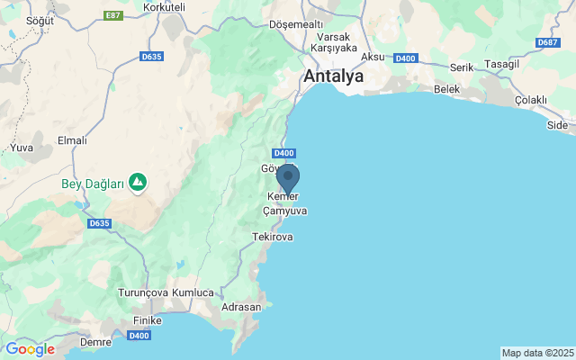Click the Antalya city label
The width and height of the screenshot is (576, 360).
[x=334, y=76]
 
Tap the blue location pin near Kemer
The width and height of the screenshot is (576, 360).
[x=287, y=177]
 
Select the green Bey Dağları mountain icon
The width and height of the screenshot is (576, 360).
[x=138, y=184]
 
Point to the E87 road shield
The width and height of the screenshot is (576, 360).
[x=113, y=15]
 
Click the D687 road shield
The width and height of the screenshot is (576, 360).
[x=546, y=42]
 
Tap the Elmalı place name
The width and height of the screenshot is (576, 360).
[x=72, y=140]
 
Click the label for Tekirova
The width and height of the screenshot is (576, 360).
[x=273, y=237]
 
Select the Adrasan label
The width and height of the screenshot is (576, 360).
[x=241, y=307]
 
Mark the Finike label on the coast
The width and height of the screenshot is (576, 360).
[x=146, y=320]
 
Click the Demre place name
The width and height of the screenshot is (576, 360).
[x=95, y=342]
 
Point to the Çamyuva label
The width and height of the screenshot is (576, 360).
[x=284, y=211]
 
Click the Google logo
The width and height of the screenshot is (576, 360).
[x=30, y=349]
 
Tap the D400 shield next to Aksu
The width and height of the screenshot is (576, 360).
[x=405, y=58]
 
